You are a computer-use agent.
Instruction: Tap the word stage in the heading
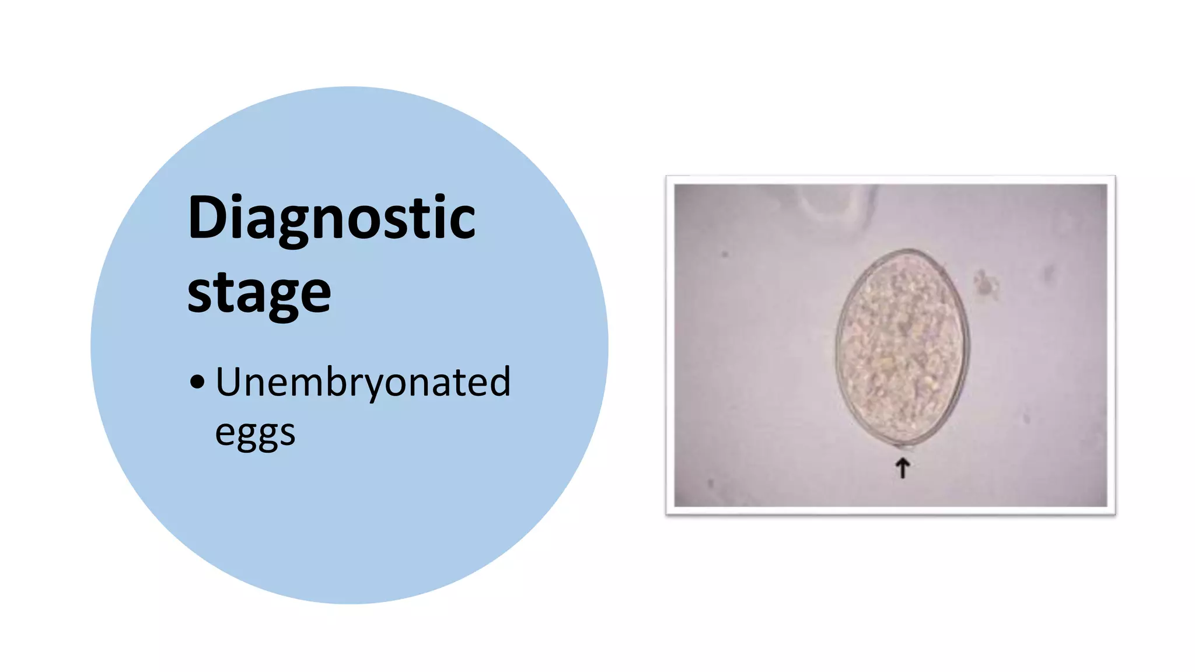click(259, 293)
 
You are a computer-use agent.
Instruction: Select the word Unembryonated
click(363, 382)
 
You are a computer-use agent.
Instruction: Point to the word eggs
click(255, 433)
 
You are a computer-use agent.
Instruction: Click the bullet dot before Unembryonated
click(197, 382)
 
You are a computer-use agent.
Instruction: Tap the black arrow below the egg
click(903, 468)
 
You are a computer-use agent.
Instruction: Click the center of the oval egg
click(902, 348)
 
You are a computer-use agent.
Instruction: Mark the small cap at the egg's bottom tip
click(905, 447)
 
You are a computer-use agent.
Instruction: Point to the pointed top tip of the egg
click(908, 251)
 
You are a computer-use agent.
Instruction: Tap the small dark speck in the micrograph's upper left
click(725, 254)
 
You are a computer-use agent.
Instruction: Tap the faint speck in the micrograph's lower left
click(711, 484)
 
